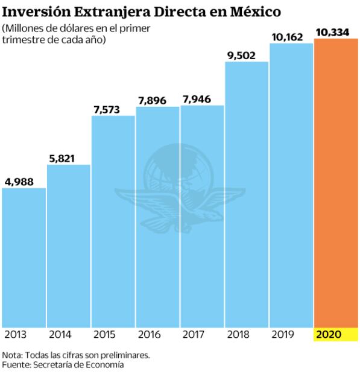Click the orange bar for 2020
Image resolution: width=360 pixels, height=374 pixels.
click(x=336, y=183)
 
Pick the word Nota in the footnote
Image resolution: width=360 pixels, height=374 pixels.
click(x=12, y=355)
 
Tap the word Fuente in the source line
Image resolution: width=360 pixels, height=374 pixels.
click(x=16, y=364)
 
